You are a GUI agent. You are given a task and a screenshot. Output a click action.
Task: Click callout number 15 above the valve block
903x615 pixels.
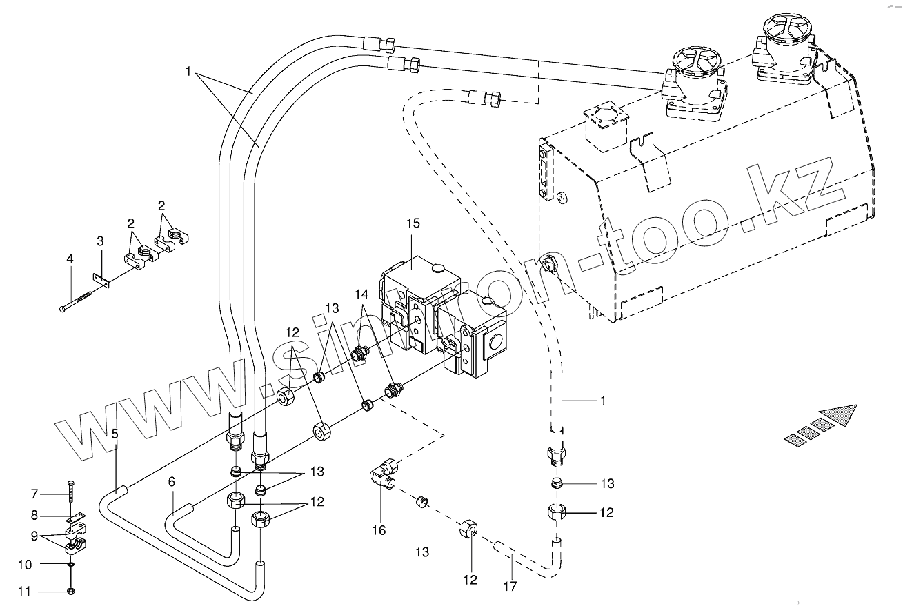click(413, 224)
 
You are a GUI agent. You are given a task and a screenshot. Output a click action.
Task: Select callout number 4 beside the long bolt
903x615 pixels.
click(69, 259)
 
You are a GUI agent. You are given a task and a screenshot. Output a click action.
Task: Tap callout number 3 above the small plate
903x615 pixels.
click(100, 241)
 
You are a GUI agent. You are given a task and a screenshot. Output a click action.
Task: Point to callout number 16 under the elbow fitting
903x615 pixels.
click(378, 530)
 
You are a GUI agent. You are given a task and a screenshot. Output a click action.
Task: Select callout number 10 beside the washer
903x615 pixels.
click(25, 565)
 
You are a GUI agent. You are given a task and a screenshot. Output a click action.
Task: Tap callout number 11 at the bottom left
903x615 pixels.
click(25, 592)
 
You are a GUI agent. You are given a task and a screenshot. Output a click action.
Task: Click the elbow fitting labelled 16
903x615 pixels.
click(382, 474)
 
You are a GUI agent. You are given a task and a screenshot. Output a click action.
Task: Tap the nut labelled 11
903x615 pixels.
click(72, 591)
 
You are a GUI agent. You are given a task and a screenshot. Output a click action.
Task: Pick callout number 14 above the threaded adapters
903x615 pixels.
click(361, 294)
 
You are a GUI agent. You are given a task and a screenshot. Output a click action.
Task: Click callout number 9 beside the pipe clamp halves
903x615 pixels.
click(34, 535)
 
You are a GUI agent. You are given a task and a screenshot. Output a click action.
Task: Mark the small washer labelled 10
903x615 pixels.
click(72, 564)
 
